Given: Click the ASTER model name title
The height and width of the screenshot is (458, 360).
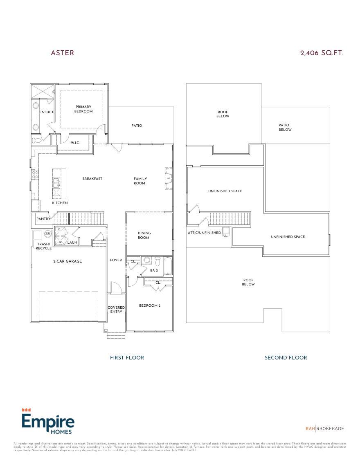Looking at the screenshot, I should pyautogui.click(x=62, y=53).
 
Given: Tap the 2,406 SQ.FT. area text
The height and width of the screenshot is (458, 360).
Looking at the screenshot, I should pyautogui.click(x=322, y=53).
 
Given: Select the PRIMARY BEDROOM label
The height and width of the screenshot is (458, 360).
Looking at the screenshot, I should pyautogui.click(x=83, y=109).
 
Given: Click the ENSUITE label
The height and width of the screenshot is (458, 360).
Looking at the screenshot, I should pyautogui.click(x=46, y=112).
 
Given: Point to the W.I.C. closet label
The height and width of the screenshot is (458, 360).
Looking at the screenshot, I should pyautogui.click(x=75, y=142).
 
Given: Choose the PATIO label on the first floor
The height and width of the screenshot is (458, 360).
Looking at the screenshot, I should pyautogui.click(x=137, y=126).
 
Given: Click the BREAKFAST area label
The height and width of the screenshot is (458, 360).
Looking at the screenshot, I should pyautogui.click(x=92, y=179).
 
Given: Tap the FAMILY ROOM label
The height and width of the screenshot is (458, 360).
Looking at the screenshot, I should pyautogui.click(x=140, y=181).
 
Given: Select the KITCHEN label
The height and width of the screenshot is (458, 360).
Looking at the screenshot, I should pyautogui.click(x=60, y=203).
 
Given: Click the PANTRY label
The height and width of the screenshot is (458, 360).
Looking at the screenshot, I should pyautogui.click(x=43, y=219).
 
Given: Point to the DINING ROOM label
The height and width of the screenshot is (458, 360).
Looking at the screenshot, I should pyautogui.click(x=144, y=235).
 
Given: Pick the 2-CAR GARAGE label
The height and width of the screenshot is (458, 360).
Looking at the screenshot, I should pyautogui.click(x=67, y=261).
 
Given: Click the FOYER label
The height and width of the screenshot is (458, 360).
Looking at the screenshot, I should pyautogui.click(x=116, y=260).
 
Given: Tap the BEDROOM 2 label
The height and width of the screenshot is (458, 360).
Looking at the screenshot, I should pyautogui.click(x=149, y=305).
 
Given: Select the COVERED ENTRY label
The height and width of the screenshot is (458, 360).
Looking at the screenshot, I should pyautogui.click(x=116, y=310).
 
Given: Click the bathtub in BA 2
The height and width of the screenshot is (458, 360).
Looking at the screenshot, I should pyautogui.click(x=168, y=266).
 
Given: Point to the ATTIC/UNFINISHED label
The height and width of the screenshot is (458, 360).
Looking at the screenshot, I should pyautogui.click(x=205, y=233).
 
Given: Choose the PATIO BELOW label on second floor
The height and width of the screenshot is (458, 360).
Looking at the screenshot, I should pyautogui.click(x=285, y=128).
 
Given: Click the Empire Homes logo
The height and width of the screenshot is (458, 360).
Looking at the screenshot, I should pyautogui.click(x=48, y=422).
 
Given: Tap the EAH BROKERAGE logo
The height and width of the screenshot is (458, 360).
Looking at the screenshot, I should pyautogui.click(x=325, y=429).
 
